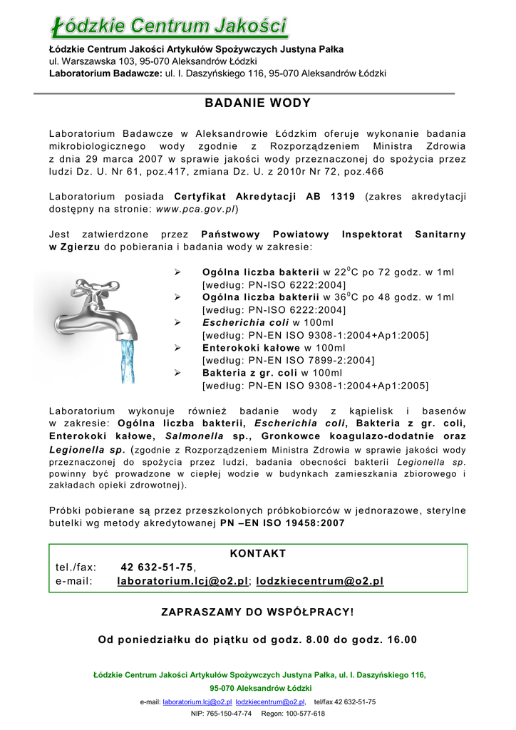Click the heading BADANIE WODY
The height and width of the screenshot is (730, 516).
tap(258, 103)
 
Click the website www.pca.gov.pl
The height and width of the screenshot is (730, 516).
tap(195, 210)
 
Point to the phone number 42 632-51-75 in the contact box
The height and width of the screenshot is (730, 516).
tap(157, 567)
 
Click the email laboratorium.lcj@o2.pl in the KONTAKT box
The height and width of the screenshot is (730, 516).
tap(182, 581)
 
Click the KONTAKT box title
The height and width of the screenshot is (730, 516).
tap(258, 554)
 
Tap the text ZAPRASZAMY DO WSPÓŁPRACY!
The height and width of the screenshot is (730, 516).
tap(257, 612)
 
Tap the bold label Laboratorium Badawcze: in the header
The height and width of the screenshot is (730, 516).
tap(105, 73)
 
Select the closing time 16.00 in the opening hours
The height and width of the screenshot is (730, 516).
tap(402, 639)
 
